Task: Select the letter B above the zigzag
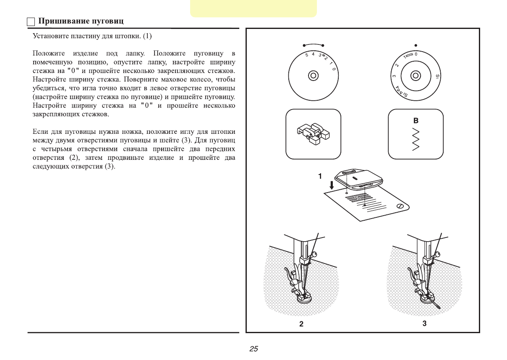(x=416, y=121)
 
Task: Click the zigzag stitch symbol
(x=416, y=139)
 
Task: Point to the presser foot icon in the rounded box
(x=313, y=134)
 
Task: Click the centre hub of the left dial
(x=313, y=76)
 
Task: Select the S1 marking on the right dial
(x=437, y=77)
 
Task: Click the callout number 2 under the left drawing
(x=301, y=324)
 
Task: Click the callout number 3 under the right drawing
(x=425, y=323)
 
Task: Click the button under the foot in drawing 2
(x=305, y=299)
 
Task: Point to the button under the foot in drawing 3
(x=427, y=298)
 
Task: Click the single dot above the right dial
(x=416, y=44)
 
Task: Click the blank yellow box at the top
(x=253, y=8)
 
